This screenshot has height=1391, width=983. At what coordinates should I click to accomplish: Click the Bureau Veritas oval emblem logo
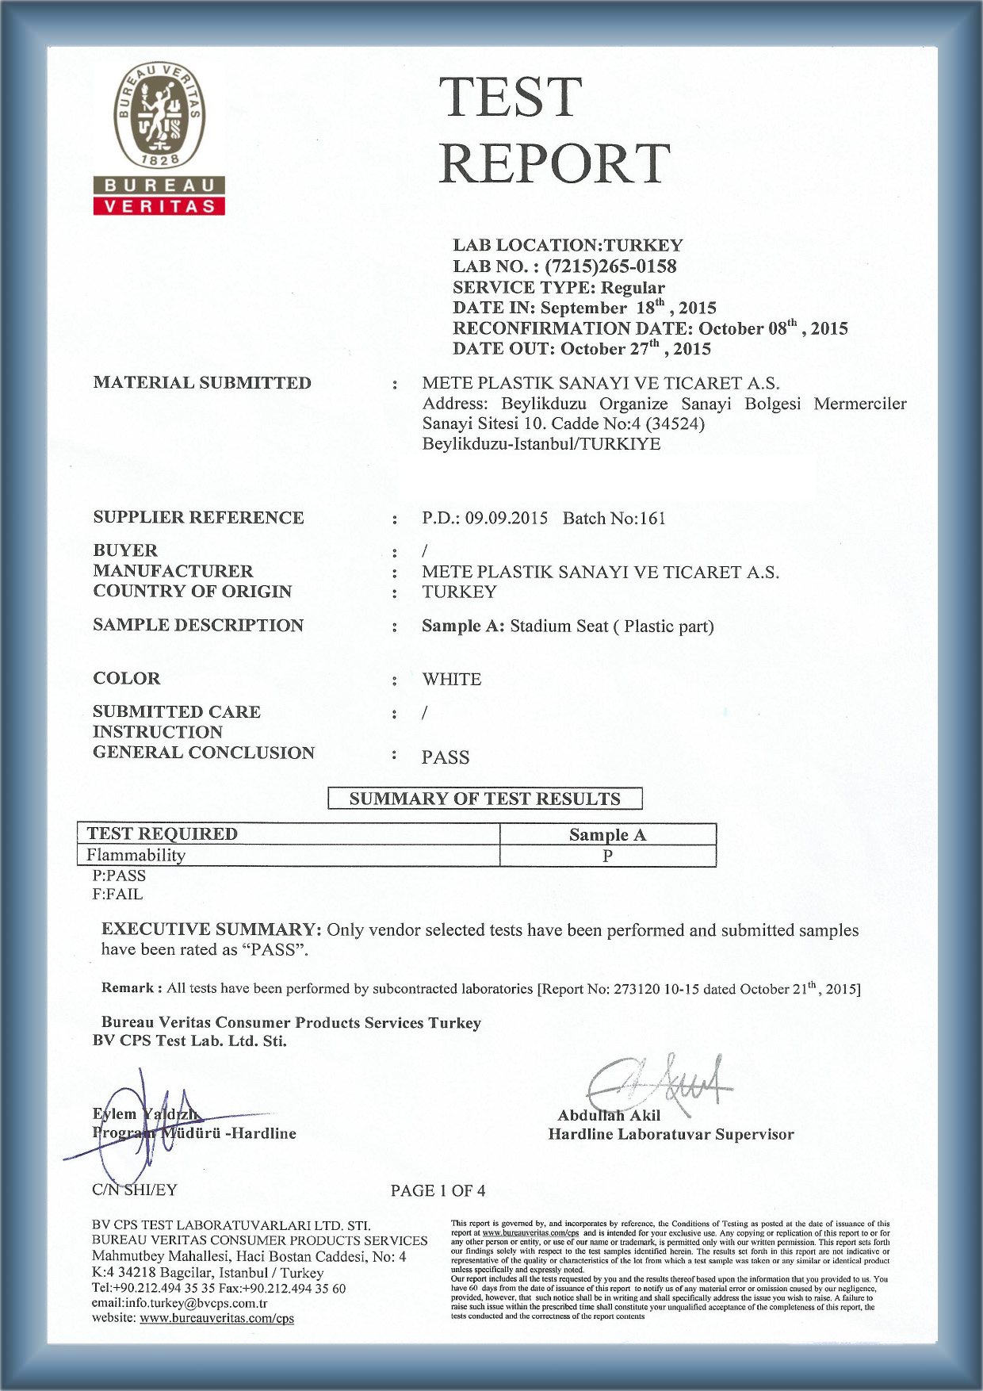pyautogui.click(x=159, y=116)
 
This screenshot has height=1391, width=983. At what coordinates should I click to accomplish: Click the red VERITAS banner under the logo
pyautogui.click(x=159, y=206)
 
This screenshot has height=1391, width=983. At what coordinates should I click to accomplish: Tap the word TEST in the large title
pyautogui.click(x=511, y=98)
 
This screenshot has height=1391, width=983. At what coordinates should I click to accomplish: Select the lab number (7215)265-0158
pyautogui.click(x=610, y=266)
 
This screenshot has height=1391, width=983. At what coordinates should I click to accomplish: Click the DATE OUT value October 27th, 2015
pyautogui.click(x=636, y=348)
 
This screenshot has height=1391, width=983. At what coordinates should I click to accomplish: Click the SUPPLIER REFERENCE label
pyautogui.click(x=198, y=518)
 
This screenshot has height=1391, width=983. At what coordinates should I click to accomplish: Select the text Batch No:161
pyautogui.click(x=614, y=519)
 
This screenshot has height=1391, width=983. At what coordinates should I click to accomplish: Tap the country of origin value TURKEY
pyautogui.click(x=459, y=592)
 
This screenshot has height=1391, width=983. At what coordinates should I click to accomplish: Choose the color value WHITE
pyautogui.click(x=451, y=679)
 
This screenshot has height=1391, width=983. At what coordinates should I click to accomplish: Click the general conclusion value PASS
pyautogui.click(x=445, y=757)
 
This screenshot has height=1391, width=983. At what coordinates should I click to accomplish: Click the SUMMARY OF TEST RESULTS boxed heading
pyautogui.click(x=484, y=799)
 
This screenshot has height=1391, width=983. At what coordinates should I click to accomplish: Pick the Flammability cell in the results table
pyautogui.click(x=136, y=855)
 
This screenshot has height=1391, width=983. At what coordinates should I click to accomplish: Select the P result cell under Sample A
pyautogui.click(x=607, y=856)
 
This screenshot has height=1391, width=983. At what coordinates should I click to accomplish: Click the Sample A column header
pyautogui.click(x=607, y=834)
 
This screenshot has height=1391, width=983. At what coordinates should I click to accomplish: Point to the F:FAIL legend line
pyautogui.click(x=117, y=894)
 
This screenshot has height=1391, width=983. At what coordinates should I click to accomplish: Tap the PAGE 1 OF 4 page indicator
pyautogui.click(x=438, y=1190)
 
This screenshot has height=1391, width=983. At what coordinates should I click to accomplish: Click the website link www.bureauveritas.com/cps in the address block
pyautogui.click(x=216, y=1319)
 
